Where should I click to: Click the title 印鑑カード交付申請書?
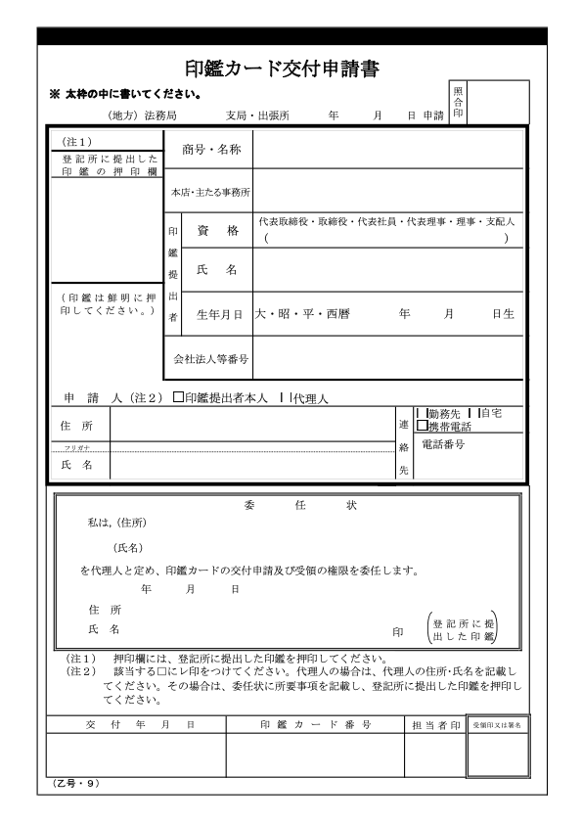click(x=282, y=69)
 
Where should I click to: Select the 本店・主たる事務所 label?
click(x=211, y=191)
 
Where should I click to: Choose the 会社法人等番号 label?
click(x=211, y=358)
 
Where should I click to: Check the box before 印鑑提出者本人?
click(x=178, y=398)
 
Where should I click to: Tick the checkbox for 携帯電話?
click(x=422, y=426)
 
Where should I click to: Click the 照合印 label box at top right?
click(x=459, y=103)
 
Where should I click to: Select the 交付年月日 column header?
click(x=135, y=724)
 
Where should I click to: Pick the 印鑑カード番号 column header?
click(x=314, y=724)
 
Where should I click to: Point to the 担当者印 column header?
click(x=434, y=724)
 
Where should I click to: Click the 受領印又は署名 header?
click(x=499, y=724)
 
